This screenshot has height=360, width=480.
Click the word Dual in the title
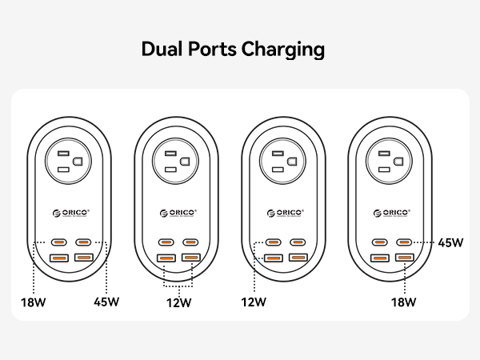coord(162,50)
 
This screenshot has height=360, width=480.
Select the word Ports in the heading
coord(213,50)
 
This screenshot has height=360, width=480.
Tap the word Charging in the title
coord(283,50)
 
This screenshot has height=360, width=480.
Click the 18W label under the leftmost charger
coord(33,302)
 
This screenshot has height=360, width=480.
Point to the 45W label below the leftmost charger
coord(106,302)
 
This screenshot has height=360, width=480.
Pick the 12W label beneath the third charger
coord(254,302)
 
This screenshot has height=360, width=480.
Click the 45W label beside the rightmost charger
coord(450,242)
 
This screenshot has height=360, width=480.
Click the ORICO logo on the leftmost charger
coord(70,212)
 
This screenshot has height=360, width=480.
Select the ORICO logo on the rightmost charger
coord(393,212)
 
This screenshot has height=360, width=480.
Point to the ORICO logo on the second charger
coord(178,212)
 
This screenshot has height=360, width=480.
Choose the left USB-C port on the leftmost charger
coord(59,242)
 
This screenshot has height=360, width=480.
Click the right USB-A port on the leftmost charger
coord(82,258)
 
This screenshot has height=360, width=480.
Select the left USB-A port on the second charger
coord(166,258)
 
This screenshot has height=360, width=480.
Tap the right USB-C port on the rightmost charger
coord(405,242)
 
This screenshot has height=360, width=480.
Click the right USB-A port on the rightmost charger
coord(405,258)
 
